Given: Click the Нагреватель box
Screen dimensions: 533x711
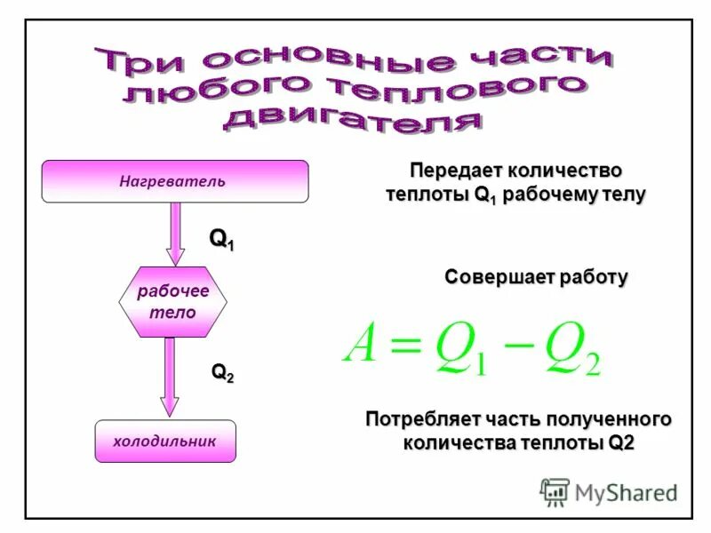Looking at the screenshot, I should [175, 181].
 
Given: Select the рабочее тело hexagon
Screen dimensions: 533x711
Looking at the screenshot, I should [172, 302].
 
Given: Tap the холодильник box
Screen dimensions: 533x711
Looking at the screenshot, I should [165, 442].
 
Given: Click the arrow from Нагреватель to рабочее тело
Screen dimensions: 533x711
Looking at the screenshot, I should [176, 233].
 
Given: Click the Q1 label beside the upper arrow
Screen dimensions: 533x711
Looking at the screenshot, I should [222, 239].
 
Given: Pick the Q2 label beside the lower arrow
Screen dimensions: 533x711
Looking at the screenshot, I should [222, 373].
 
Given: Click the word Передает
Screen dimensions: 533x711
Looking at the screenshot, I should [454, 170].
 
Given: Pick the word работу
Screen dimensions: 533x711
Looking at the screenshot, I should [594, 277].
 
